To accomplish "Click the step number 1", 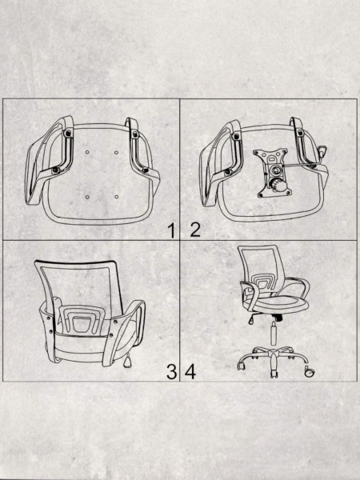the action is [172, 230].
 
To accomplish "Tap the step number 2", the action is [195, 230].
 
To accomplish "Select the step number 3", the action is [171, 372].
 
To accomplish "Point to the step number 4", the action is [190, 372].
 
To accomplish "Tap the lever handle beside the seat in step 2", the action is [322, 151].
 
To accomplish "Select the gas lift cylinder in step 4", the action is [274, 334].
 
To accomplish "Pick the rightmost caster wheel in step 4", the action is [310, 372].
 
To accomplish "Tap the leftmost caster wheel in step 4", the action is [242, 366].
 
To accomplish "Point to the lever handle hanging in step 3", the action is [127, 362].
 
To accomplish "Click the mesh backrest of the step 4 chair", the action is [259, 262].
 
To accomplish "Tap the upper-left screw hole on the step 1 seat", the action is [87, 152].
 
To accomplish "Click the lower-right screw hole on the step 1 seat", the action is [116, 197].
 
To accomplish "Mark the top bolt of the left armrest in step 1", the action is [68, 133].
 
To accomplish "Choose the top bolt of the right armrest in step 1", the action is [135, 133].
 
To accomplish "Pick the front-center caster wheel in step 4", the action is [274, 374].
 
